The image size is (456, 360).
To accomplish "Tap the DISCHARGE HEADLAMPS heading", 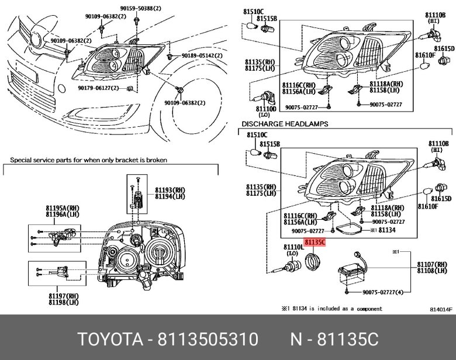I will pyautogui.click(x=285, y=124).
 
